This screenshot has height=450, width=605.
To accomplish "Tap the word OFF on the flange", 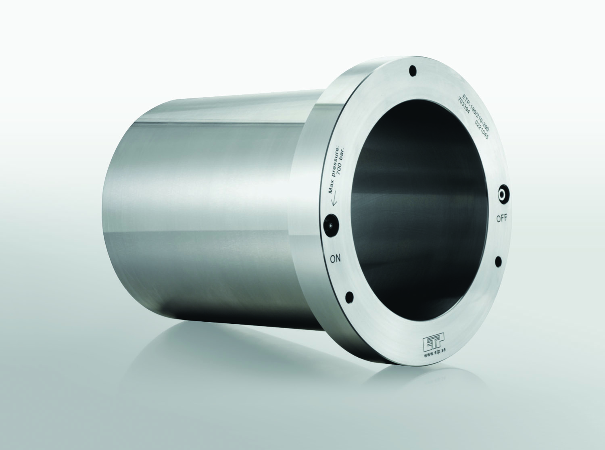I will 502,219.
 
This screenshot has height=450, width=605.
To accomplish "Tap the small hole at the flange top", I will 412,71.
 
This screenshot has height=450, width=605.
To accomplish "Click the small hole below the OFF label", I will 499,262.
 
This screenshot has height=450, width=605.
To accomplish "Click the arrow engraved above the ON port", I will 333,202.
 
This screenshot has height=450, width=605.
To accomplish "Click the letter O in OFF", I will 498,219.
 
